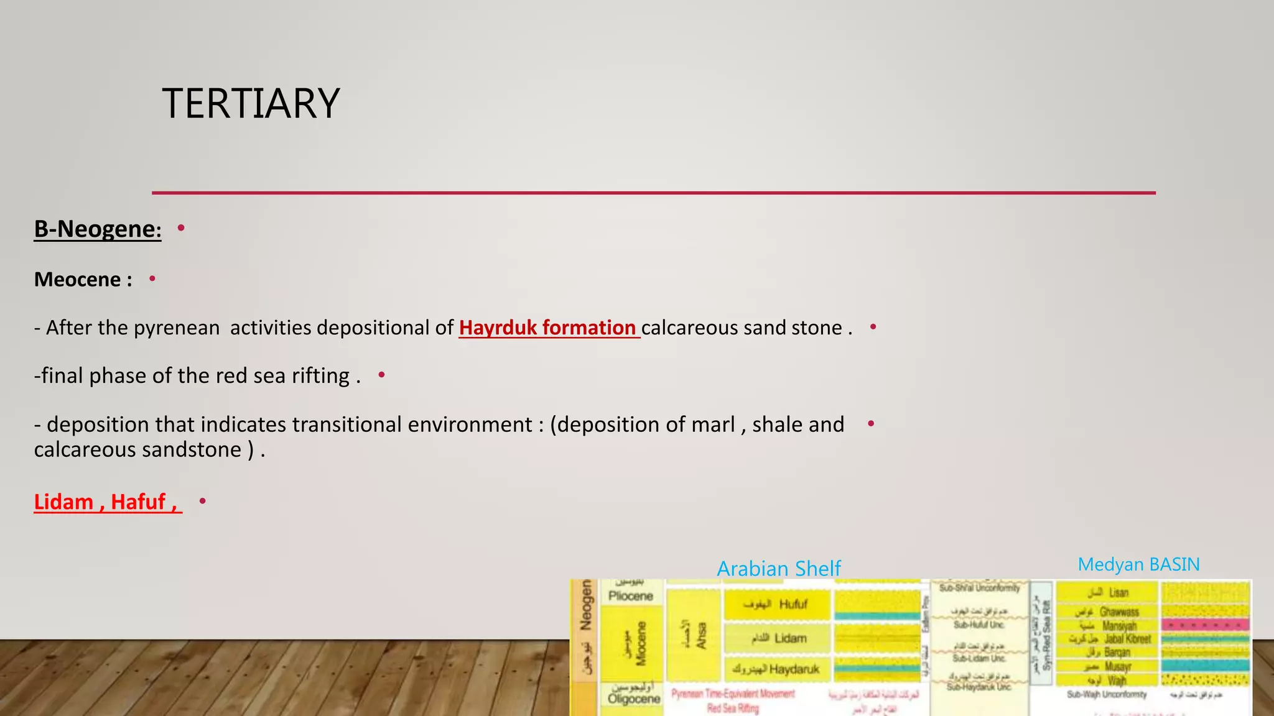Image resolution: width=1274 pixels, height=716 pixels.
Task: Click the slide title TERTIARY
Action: pyautogui.click(x=251, y=103)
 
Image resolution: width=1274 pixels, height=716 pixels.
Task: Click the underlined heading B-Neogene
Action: pyautogui.click(x=97, y=229)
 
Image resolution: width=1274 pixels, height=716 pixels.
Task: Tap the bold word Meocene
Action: pyautogui.click(x=78, y=280)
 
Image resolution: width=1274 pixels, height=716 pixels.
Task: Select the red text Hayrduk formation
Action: pyautogui.click(x=547, y=328)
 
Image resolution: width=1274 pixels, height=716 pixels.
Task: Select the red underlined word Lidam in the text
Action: pyautogui.click(x=63, y=502)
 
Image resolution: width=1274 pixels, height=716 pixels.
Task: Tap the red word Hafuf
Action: pyautogui.click(x=138, y=502)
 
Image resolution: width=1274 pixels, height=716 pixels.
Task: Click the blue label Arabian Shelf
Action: pyautogui.click(x=778, y=568)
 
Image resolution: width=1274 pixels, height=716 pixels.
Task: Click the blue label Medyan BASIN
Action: pyautogui.click(x=1138, y=564)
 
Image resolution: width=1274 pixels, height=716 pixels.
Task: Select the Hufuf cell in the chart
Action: pyautogui.click(x=777, y=604)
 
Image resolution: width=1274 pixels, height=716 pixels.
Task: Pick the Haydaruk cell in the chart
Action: pyautogui.click(x=777, y=669)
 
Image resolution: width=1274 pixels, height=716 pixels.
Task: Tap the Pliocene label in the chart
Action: pyautogui.click(x=630, y=596)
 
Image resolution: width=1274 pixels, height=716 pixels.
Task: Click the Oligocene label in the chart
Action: pyautogui.click(x=633, y=699)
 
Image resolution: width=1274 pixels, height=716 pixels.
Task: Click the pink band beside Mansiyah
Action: pyautogui.click(x=1205, y=625)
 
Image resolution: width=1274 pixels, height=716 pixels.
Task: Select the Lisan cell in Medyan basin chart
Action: pyautogui.click(x=1108, y=592)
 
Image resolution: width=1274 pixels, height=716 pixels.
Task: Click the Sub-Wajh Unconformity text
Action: pyautogui.click(x=1106, y=694)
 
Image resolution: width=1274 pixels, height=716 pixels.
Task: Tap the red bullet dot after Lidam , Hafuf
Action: pyautogui.click(x=202, y=501)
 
